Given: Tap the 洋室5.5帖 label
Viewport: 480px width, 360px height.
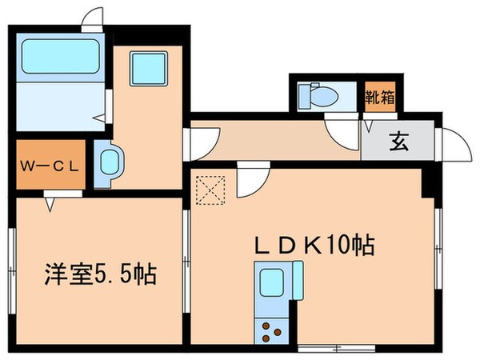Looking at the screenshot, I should coord(99,277).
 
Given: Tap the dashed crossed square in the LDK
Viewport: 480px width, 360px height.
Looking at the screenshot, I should coord(210,190).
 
